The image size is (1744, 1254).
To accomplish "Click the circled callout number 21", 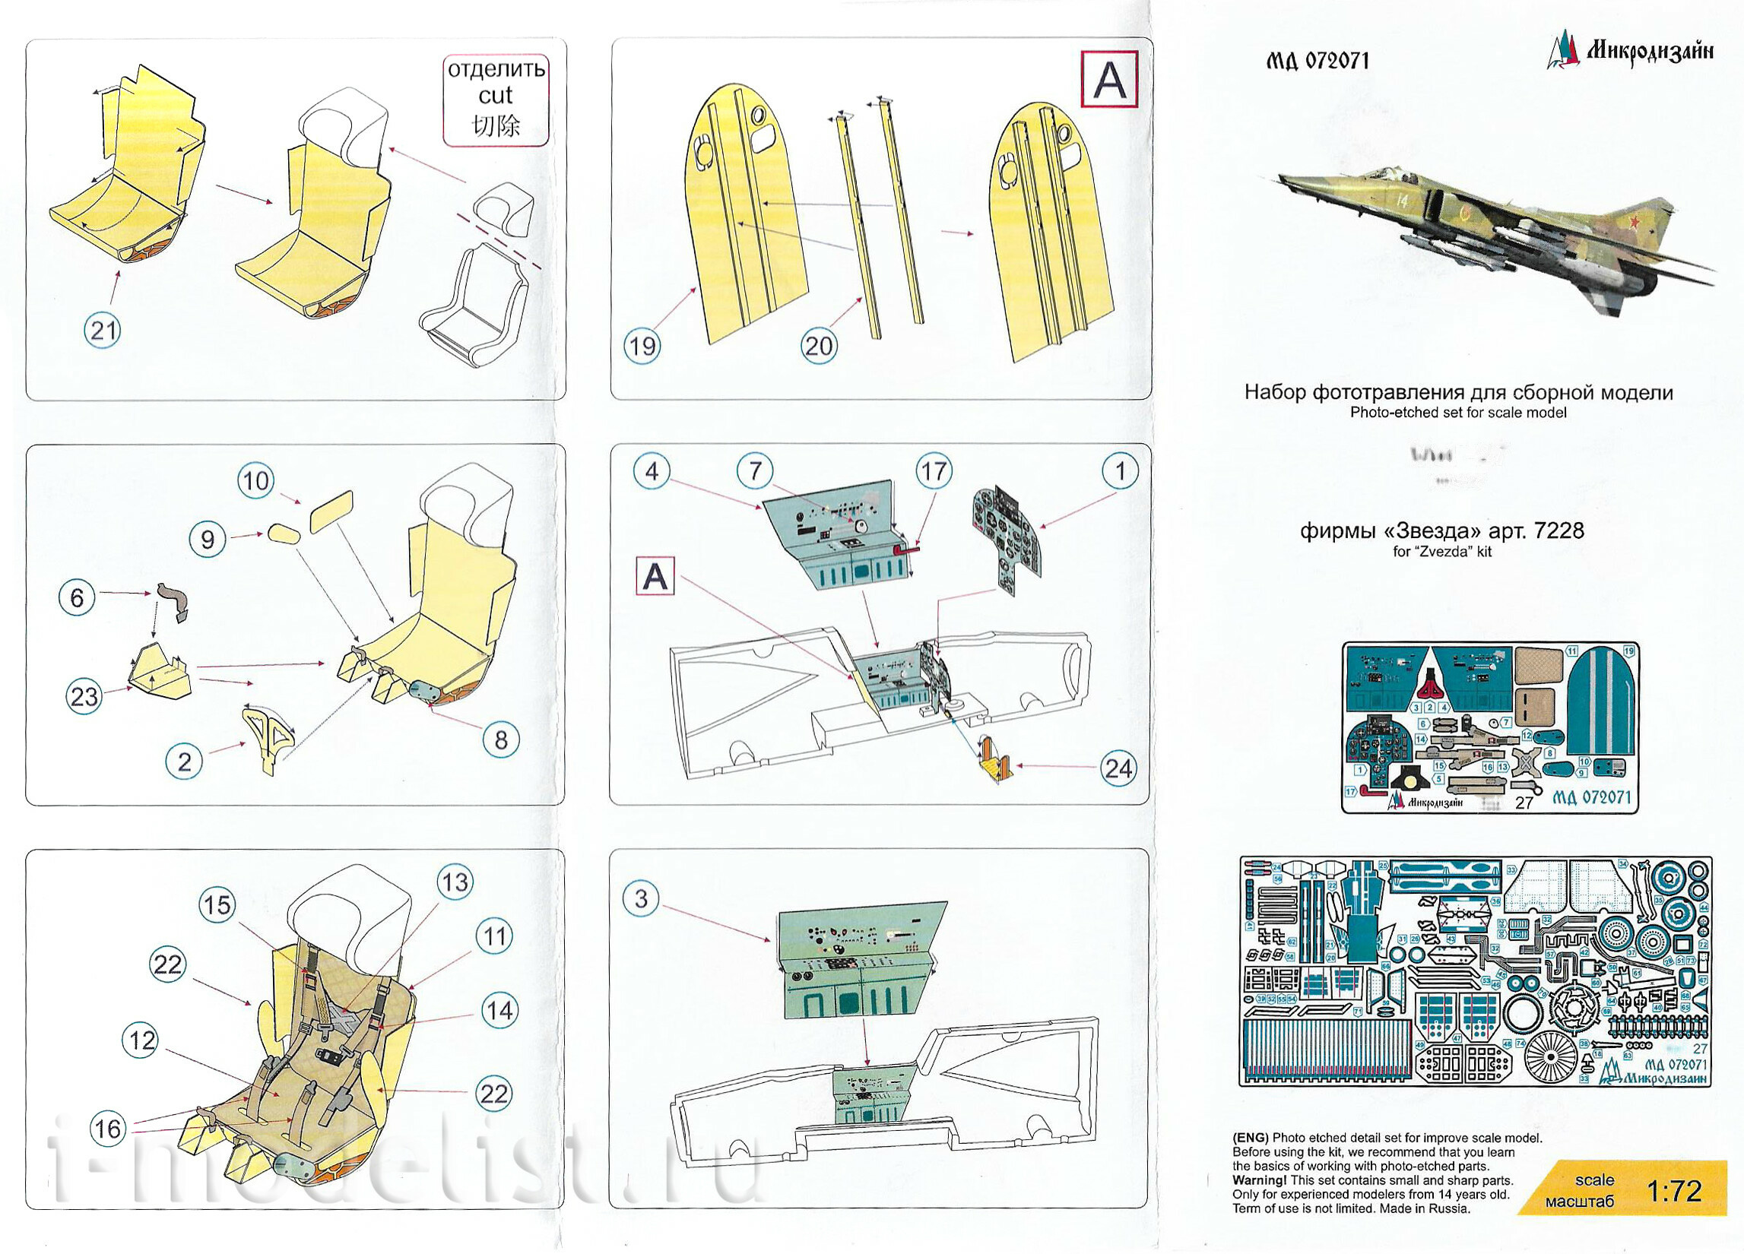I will click(103, 331).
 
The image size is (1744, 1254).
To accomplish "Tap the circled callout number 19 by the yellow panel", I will click(642, 346).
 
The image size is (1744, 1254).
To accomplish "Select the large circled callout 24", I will click(1118, 768).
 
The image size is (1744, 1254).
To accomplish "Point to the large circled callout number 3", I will click(642, 898).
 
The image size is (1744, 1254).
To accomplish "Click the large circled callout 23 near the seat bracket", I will click(84, 697).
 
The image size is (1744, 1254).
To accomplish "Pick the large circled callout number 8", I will click(500, 739).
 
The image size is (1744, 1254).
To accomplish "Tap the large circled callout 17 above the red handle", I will click(934, 470).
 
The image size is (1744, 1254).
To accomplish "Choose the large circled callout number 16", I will click(108, 1129).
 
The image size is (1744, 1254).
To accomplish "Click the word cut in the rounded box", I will click(495, 95).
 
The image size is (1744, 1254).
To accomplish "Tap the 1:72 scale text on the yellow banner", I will click(1674, 1191).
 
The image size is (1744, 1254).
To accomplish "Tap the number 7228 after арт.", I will click(1556, 530).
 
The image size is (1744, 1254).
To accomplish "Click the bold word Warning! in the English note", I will click(1259, 1180).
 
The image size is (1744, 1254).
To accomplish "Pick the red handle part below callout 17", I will click(908, 549).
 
